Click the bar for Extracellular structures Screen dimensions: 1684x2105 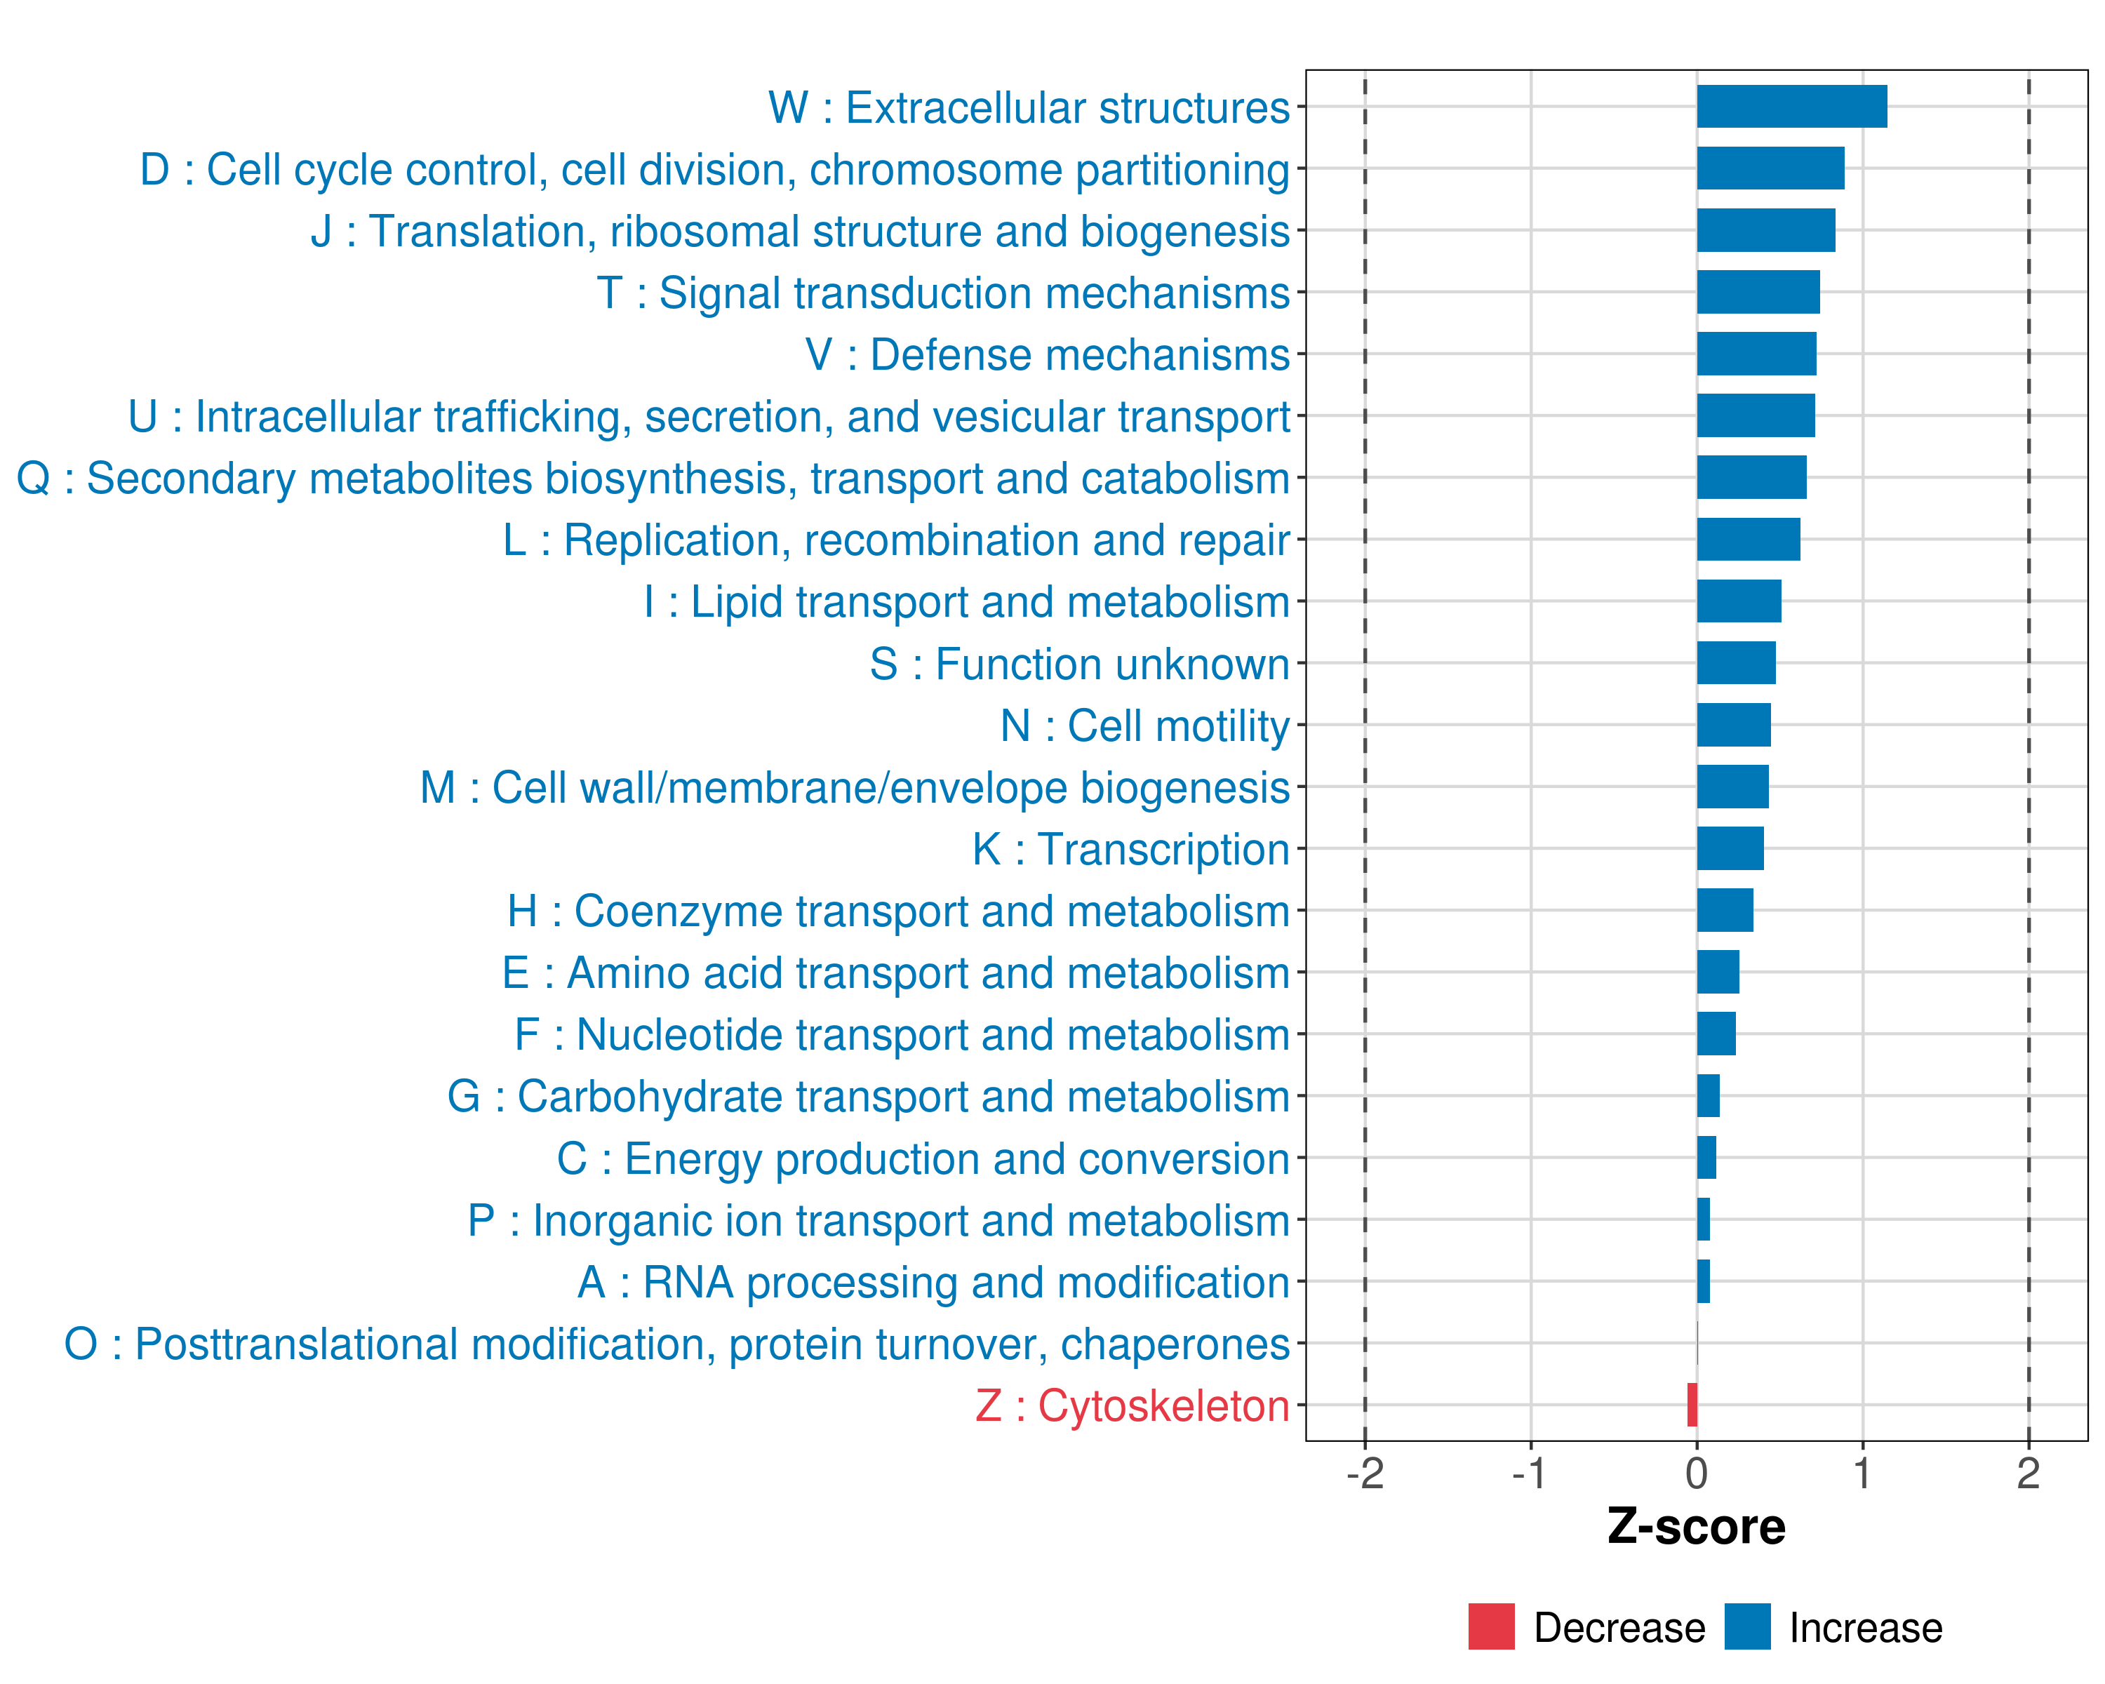point(1791,107)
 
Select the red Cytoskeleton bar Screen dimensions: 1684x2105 point(1692,1405)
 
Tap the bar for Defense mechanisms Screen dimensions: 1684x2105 point(1756,354)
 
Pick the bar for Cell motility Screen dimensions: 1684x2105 point(1733,724)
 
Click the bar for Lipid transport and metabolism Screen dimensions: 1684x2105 point(1738,601)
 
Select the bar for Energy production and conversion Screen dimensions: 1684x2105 point(1706,1158)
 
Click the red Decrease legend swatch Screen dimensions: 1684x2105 point(1491,1626)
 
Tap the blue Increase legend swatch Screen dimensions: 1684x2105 point(1746,1626)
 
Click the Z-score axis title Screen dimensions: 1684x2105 point(1696,1526)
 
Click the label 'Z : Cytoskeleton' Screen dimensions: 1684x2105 point(1132,1405)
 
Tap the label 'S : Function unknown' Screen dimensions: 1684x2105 point(1080,664)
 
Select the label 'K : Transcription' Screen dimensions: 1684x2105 point(1130,849)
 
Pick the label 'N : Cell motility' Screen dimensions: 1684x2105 point(1145,726)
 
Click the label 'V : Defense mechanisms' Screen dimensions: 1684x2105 point(1048,354)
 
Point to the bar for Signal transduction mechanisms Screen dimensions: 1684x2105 point(1758,292)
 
